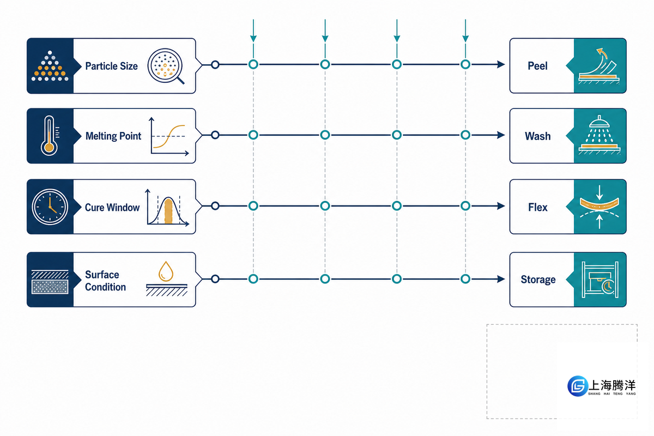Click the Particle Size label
pos(111,66)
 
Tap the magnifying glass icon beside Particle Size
pos(166,66)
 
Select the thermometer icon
pos(50,136)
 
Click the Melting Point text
pos(113,136)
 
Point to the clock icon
pos(50,207)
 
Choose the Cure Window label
pos(112,207)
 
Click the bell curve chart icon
pos(167,207)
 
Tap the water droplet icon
pos(166,271)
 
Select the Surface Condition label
pos(105,281)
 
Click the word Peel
pos(537,66)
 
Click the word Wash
pos(538,136)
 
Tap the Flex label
pos(538,207)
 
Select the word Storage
pos(538,280)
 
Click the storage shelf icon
pos(600,280)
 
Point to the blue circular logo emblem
pos(578,386)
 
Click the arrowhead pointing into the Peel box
pos(501,64)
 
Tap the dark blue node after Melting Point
pos(215,135)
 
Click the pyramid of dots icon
pos(50,66)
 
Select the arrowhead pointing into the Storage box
pos(501,279)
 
